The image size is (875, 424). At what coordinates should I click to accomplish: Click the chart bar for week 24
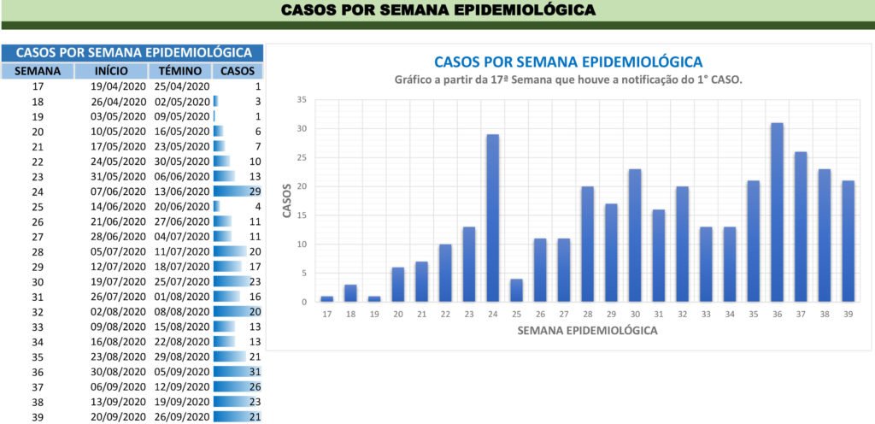point(492,218)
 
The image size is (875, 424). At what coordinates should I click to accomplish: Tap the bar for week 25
point(516,290)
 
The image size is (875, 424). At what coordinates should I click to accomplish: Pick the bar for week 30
point(635,235)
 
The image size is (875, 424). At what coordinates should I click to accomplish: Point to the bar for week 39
point(848,241)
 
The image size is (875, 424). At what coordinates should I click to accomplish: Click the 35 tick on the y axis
point(301,100)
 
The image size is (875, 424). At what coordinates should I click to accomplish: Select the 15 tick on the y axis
point(301,215)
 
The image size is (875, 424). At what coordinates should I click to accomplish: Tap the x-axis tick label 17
point(326,315)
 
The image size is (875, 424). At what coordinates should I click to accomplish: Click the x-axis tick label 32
point(682,315)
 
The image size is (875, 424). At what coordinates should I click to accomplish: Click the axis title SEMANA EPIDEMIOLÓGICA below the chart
point(587,331)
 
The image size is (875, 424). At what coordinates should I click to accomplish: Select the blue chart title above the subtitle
point(568,62)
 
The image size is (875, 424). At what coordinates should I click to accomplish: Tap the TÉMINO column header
point(180,71)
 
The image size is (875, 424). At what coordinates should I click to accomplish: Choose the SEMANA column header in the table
point(38,71)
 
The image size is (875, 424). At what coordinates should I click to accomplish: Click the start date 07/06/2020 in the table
point(119,191)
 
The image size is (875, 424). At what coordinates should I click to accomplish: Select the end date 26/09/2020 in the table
point(182,417)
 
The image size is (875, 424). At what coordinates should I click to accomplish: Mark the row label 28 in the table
point(38,251)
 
